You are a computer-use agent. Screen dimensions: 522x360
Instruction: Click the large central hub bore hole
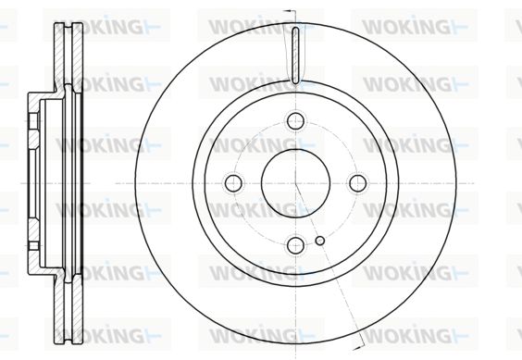pyautogui.click(x=295, y=183)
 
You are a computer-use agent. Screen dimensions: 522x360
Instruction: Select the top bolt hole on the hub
pyautogui.click(x=295, y=120)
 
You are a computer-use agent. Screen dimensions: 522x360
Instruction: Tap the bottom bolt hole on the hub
pyautogui.click(x=295, y=245)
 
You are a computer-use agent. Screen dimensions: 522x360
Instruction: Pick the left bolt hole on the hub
pyautogui.click(x=233, y=183)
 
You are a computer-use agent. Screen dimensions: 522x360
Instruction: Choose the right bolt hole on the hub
pyautogui.click(x=358, y=183)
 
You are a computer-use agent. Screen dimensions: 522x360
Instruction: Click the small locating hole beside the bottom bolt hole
pyautogui.click(x=320, y=241)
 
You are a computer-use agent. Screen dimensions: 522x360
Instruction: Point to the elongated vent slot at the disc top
pyautogui.click(x=295, y=56)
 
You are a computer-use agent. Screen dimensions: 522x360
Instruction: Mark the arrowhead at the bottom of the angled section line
pyautogui.click(x=357, y=348)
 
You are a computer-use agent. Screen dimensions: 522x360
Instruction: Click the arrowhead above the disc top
pyautogui.click(x=288, y=11)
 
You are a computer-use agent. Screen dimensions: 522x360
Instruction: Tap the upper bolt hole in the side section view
pyautogui.click(x=33, y=121)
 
